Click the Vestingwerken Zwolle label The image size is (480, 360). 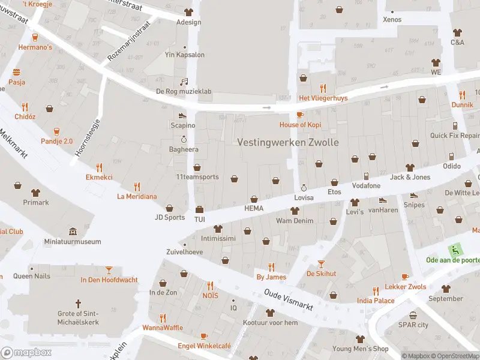pos(288,143)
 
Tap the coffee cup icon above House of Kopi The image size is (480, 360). pos(301,114)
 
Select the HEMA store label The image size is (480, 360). pos(254,208)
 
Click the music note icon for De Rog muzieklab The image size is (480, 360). pos(184,82)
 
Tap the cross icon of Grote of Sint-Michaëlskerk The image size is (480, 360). pos(77,304)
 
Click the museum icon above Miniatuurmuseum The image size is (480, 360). pos(73,232)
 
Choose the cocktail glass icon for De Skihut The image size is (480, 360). pos(321,263)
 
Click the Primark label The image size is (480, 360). pos(35,202)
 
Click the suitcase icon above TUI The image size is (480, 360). pos(199,209)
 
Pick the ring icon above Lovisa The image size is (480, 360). pos(304,187)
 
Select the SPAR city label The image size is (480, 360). pos(413,325)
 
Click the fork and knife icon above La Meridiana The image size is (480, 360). pos(137,186)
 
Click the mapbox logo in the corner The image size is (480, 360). pos(26,352)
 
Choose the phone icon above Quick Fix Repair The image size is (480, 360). pos(455,125)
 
